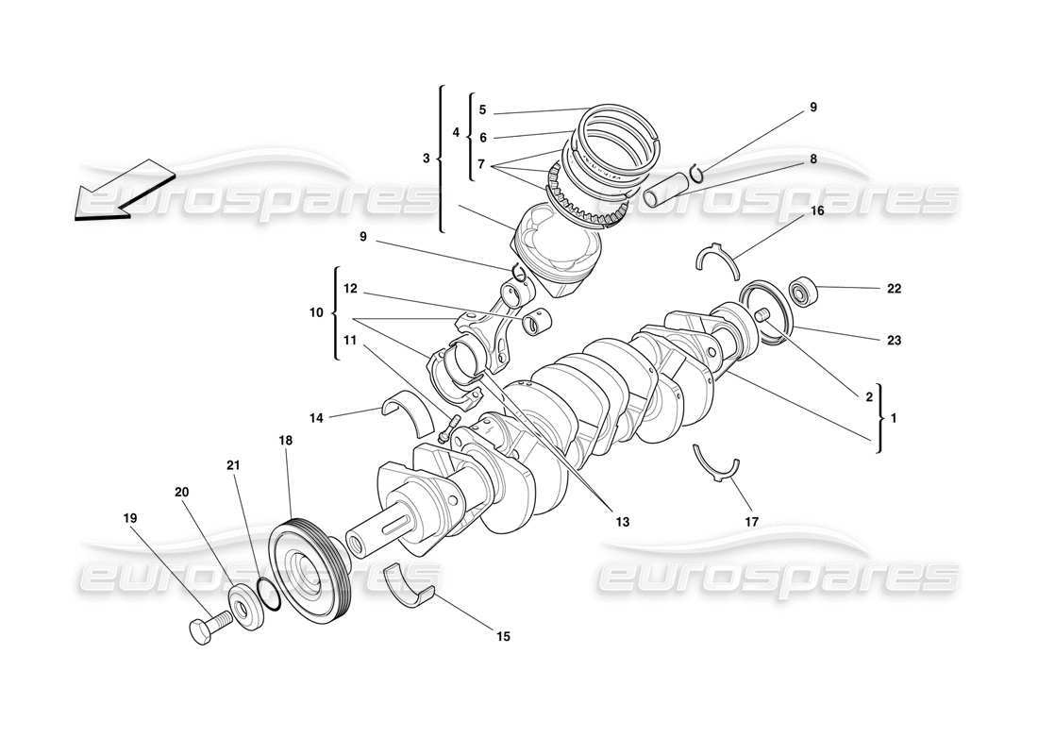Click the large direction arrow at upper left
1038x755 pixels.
118,192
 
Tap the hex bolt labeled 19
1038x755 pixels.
209,628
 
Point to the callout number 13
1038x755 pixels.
622,521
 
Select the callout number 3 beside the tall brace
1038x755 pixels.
426,158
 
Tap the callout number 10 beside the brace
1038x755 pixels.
316,312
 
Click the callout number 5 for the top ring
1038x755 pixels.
482,109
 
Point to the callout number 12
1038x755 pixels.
350,288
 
